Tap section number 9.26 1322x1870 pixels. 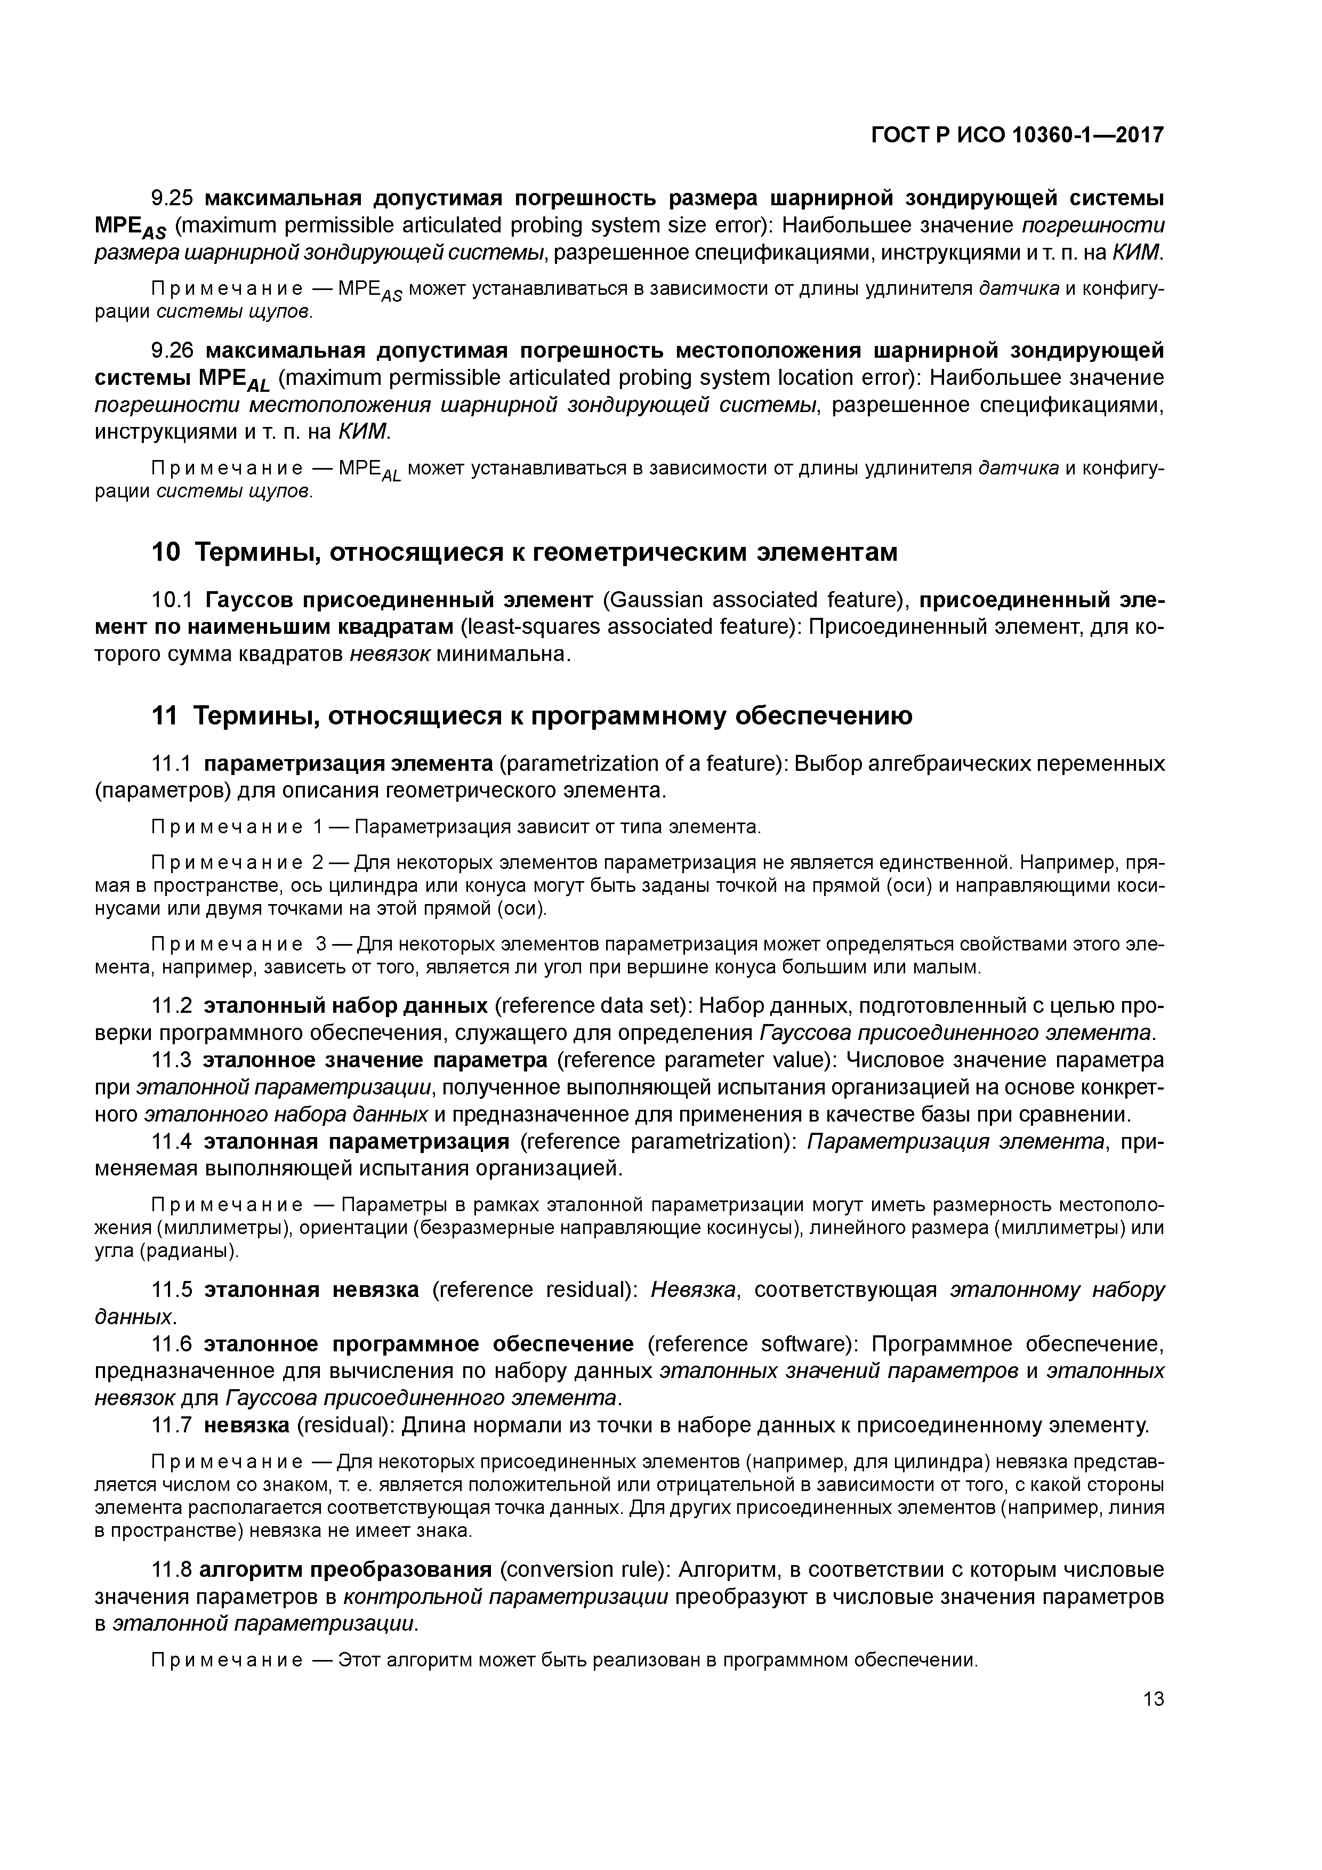(x=173, y=351)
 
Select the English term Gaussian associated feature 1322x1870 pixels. (x=752, y=600)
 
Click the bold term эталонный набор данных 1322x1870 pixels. (x=345, y=1006)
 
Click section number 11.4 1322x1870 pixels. (x=173, y=1141)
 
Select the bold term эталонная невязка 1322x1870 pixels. (x=311, y=1290)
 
